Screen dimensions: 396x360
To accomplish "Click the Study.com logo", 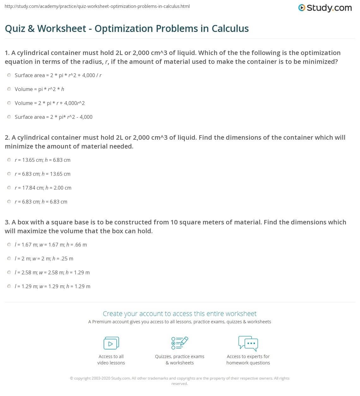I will tap(325, 8).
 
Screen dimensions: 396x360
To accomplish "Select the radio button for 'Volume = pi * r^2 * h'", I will tap(9, 89).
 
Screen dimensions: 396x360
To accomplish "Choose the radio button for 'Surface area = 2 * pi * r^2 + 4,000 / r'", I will tap(9, 75).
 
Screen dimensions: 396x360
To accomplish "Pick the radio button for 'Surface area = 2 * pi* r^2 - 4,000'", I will tap(9, 117).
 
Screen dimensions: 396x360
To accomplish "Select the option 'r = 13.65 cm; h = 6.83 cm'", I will tap(9, 160).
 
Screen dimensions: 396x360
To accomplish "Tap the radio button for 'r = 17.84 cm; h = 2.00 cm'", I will tap(9, 188).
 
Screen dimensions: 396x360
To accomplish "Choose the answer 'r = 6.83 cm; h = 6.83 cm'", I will tap(9, 202).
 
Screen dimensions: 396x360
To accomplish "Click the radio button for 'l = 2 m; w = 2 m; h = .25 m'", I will tap(9, 259).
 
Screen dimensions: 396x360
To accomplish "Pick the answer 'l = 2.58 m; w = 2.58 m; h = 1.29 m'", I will tap(9, 272).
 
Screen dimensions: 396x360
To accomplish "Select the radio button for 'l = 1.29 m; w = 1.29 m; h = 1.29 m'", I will tap(9, 286).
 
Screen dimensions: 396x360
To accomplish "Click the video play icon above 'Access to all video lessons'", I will tap(111, 343).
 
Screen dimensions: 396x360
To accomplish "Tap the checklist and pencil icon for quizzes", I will tap(180, 343).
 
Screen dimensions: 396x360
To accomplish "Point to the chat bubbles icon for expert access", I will tap(248, 343).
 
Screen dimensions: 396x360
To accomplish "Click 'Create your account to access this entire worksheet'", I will tap(180, 314).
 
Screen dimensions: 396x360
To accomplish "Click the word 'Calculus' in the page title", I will tap(230, 29).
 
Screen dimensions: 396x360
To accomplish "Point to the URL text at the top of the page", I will tap(97, 6).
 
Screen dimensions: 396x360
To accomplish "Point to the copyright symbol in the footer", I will tap(71, 378).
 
